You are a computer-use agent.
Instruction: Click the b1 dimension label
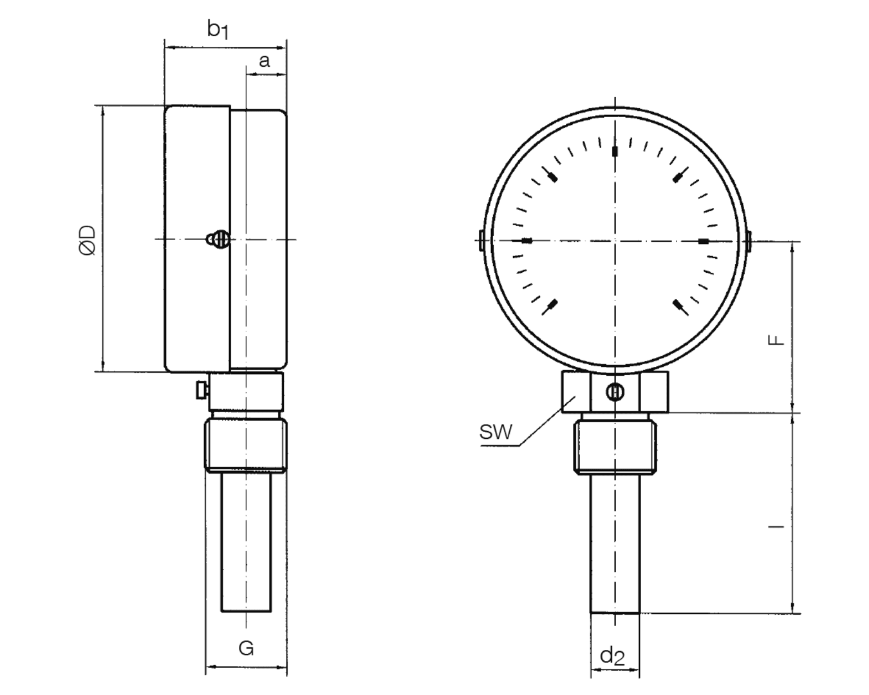pos(218,29)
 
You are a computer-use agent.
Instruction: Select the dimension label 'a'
pos(264,61)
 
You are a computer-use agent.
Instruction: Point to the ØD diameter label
pos(88,240)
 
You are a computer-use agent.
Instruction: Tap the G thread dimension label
pos(246,648)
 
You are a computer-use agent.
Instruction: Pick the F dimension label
pos(778,339)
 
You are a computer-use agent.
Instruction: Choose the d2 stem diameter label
pos(612,656)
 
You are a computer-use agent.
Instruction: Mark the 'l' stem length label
pos(778,527)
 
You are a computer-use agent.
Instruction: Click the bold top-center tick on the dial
pos(615,151)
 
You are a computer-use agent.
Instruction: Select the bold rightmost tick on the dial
pos(704,241)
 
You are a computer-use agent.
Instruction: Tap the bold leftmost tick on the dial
pos(527,241)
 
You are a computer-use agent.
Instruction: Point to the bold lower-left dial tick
pos(551,306)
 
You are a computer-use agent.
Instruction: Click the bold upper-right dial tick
pos(678,176)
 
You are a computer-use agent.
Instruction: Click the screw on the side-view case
pos(218,239)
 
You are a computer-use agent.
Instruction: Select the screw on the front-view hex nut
pos(615,392)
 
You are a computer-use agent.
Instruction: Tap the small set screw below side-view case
pos(201,389)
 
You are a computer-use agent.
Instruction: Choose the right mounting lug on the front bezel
pos(750,241)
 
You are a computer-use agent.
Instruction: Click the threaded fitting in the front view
pos(615,445)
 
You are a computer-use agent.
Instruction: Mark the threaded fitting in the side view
pos(246,445)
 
